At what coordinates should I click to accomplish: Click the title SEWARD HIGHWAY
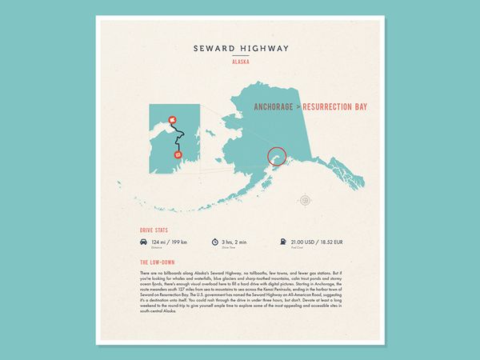[x=239, y=48]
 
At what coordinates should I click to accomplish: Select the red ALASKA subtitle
[x=239, y=62]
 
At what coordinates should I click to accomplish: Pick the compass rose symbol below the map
[x=305, y=199]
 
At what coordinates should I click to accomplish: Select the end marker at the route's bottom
[x=178, y=154]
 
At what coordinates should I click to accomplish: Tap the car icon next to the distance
[x=143, y=242]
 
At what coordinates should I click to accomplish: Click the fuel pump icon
[x=282, y=242]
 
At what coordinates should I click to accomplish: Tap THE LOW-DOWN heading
[x=157, y=262]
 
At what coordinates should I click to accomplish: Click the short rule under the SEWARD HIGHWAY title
[x=239, y=55]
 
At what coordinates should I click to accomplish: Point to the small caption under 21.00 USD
[x=297, y=247]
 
